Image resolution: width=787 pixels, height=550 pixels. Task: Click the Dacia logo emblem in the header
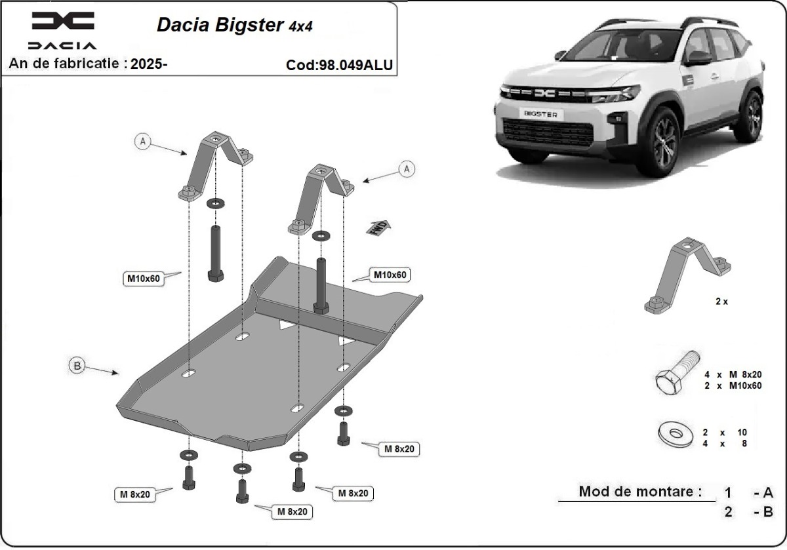pos(63,22)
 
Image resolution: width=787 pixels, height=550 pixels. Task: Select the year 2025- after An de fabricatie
pos(150,64)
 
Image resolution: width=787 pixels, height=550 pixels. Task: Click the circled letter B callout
pos(77,366)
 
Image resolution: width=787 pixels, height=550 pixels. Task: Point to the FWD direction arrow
pos(378,227)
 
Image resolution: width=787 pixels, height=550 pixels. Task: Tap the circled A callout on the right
pos(407,170)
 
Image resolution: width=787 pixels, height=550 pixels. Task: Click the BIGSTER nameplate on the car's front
pos(541,113)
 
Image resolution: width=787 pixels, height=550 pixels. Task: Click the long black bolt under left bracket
pos(216,253)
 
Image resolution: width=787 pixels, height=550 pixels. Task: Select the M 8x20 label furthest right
pos(399,449)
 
